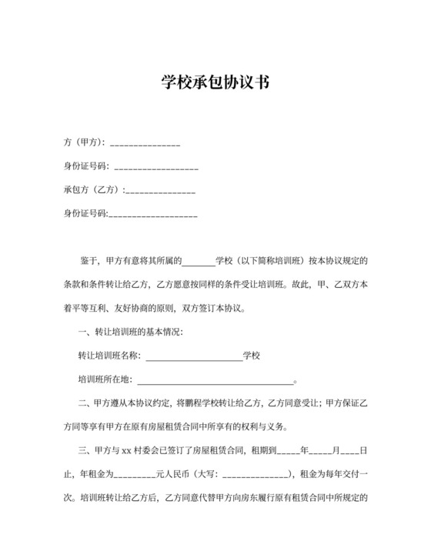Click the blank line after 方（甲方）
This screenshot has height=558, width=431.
click(x=145, y=143)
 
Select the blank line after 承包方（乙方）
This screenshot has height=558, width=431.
click(x=159, y=190)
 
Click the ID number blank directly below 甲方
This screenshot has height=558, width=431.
click(x=155, y=166)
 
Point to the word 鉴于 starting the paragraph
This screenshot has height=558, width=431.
click(x=89, y=261)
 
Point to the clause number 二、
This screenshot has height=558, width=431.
click(x=84, y=403)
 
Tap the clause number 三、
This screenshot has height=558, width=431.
click(x=84, y=449)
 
